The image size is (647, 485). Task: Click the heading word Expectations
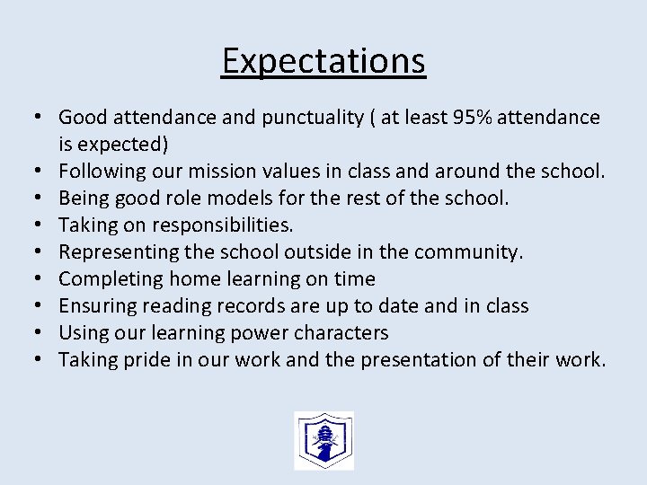click(323, 61)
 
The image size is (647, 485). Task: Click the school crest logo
click(323, 440)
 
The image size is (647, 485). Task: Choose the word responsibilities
click(218, 225)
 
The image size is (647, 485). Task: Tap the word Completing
click(103, 278)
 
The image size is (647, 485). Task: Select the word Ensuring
click(94, 305)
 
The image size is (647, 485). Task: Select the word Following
click(99, 171)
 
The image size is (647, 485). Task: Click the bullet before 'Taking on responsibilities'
click(41, 225)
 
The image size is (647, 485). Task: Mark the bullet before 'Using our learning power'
click(41, 333)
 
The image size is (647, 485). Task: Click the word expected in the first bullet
click(117, 144)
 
